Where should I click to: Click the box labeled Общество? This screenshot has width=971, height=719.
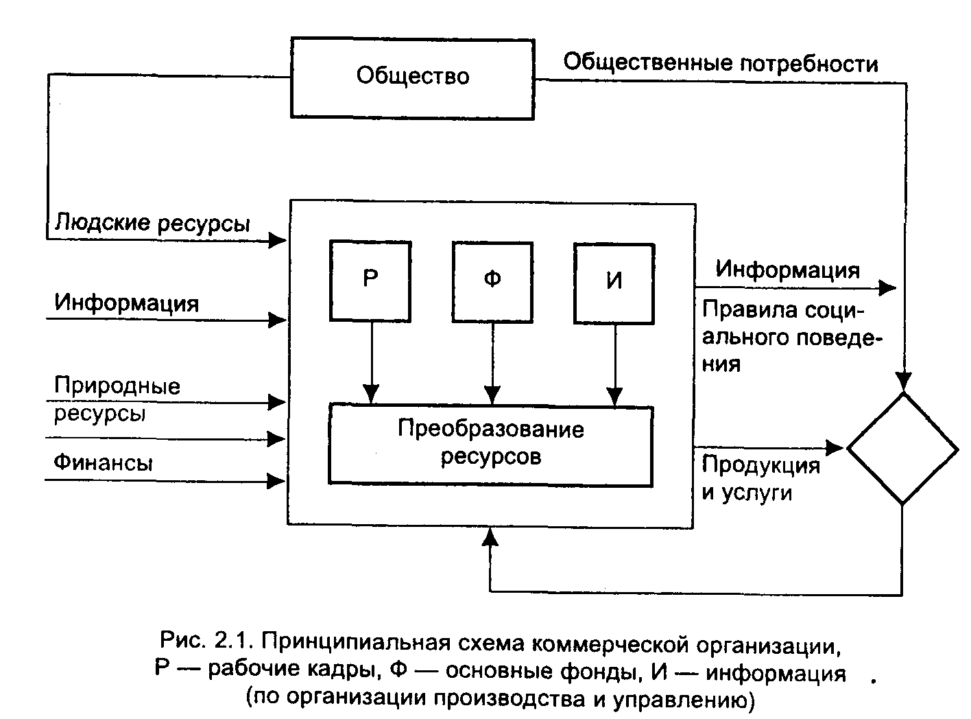point(412,78)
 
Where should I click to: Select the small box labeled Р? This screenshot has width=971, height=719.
point(370,281)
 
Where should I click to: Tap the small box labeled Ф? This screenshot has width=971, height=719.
point(492,281)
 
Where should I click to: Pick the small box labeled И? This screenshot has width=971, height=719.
point(614,282)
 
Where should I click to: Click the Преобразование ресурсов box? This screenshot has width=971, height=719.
point(490,444)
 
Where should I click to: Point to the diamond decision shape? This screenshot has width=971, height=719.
point(902,449)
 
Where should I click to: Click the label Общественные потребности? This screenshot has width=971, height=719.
point(720,63)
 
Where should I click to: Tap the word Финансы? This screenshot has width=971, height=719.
point(103,463)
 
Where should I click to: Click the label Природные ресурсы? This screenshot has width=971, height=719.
point(117,399)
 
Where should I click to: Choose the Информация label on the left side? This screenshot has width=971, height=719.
point(127,303)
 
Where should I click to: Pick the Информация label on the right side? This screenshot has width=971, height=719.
point(787,270)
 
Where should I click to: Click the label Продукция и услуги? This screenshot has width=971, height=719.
point(760,478)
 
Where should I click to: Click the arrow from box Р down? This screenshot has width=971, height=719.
point(371,364)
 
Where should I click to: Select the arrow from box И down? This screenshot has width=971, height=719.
point(615,364)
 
